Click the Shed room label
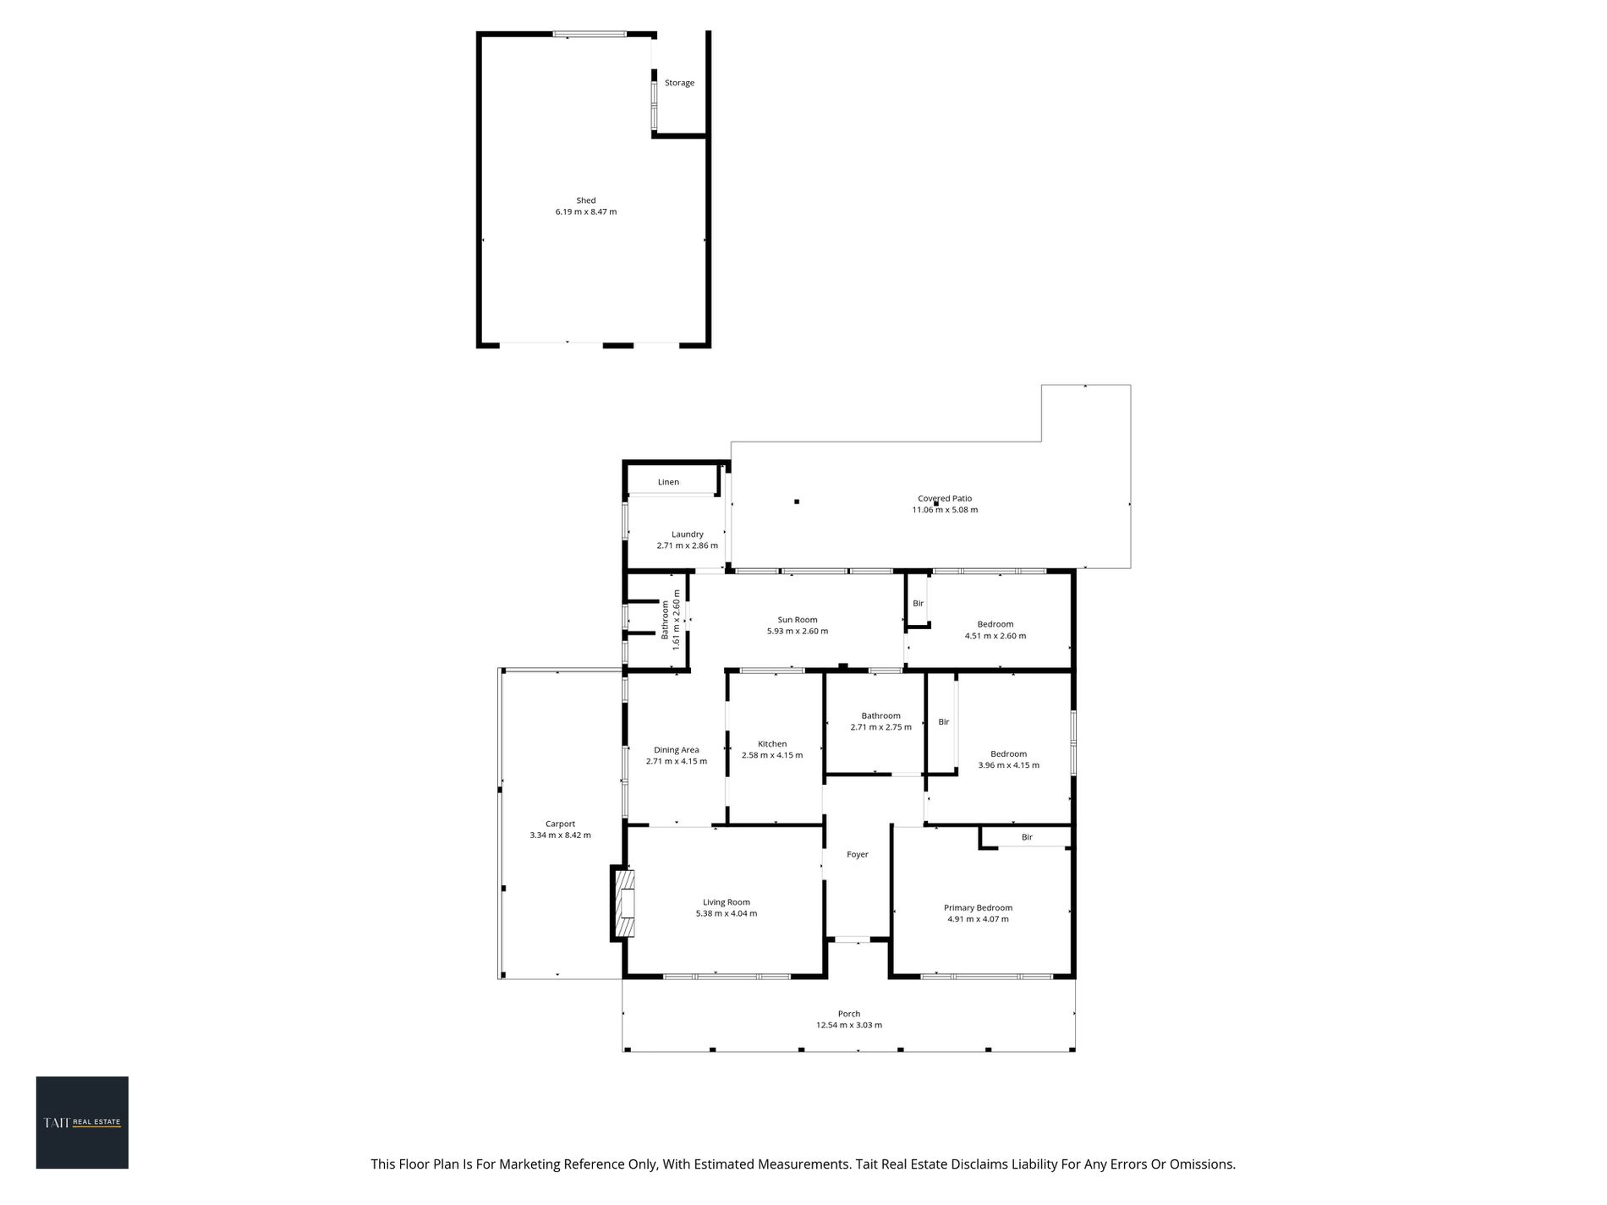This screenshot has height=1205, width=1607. tap(586, 200)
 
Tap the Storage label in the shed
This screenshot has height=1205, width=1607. tap(679, 83)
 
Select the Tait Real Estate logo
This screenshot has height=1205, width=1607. tap(82, 1122)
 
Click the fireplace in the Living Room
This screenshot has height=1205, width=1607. tap(624, 903)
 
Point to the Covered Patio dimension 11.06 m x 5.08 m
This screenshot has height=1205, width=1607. tap(945, 510)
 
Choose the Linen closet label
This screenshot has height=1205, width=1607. tap(668, 482)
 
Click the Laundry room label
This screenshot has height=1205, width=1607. tap(688, 534)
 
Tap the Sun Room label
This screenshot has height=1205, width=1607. tap(798, 620)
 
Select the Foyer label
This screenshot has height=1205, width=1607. tap(858, 855)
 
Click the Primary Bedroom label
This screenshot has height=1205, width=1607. tap(978, 908)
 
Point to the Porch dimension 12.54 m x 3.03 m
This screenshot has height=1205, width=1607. tap(849, 1025)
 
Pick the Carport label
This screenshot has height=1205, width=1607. tap(560, 824)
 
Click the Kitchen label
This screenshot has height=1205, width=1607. tap(772, 744)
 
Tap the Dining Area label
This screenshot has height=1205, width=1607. tap(677, 750)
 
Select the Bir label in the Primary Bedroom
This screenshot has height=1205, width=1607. tap(1027, 837)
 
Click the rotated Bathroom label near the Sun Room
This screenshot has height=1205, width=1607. tap(666, 620)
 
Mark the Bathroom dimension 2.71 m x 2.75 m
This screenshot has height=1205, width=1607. tap(881, 727)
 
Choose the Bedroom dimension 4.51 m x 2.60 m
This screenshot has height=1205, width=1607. tap(995, 636)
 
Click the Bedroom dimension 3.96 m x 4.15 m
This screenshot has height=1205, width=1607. tap(1009, 765)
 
